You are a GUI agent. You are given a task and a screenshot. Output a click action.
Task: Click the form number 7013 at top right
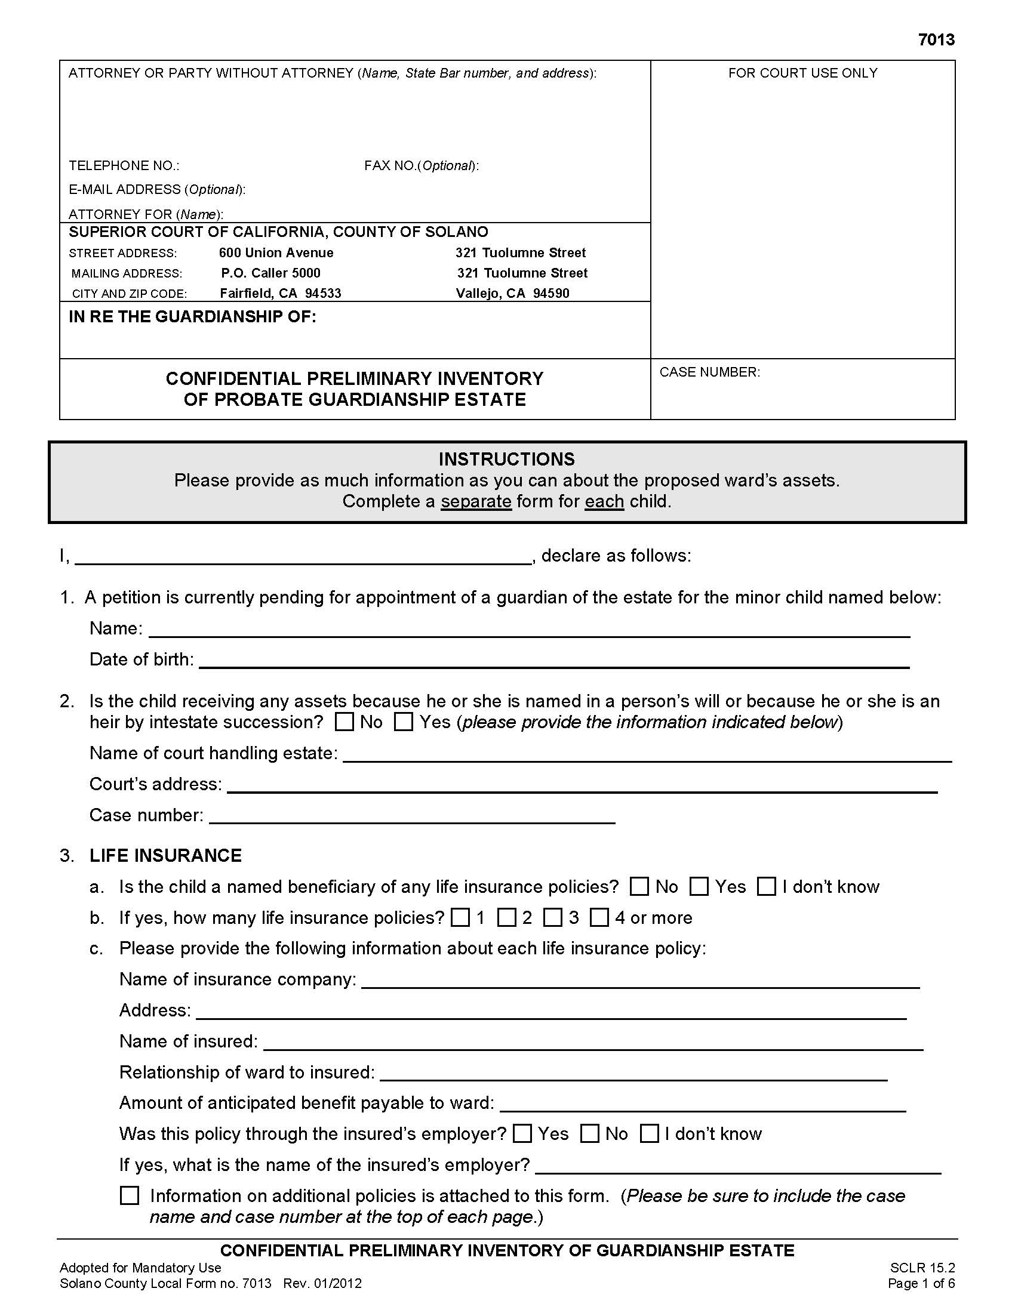(936, 39)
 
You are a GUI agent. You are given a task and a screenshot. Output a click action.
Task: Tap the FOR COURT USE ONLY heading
(802, 73)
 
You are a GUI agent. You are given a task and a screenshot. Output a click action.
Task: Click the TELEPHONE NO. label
(123, 165)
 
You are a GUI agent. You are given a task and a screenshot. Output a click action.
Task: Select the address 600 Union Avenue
(276, 252)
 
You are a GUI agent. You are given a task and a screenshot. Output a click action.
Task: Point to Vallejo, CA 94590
(512, 294)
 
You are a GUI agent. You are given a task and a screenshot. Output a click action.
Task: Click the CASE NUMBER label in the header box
(709, 372)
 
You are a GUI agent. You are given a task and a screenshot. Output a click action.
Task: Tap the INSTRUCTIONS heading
(506, 460)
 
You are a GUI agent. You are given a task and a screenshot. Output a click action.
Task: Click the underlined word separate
(476, 501)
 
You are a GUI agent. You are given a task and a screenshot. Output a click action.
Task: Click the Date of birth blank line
(553, 660)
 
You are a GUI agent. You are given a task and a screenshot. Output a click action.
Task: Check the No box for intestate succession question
(344, 722)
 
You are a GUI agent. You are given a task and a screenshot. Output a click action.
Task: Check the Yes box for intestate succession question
(404, 722)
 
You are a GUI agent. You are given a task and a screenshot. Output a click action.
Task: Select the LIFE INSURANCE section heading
(165, 855)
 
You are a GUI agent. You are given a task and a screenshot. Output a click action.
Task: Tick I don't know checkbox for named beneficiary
(766, 887)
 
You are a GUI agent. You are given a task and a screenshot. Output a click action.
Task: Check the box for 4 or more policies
(599, 917)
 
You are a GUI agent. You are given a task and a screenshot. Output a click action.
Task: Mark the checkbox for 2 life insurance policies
(507, 917)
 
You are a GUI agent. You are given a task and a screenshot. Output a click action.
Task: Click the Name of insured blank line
(592, 1041)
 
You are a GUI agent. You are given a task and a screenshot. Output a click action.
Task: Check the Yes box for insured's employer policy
(522, 1134)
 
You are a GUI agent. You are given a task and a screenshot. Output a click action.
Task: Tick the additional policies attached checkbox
(130, 1195)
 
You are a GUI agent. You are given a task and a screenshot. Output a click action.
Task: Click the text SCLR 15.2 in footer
(922, 1268)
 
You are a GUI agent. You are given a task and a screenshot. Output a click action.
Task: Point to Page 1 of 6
(921, 1284)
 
